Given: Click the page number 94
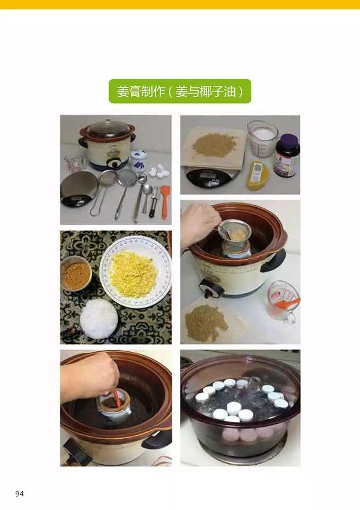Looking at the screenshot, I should point(19,494).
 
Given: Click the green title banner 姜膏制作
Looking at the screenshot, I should point(180,91).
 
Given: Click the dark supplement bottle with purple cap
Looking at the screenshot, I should point(286,155).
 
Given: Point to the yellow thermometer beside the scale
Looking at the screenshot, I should point(256,175).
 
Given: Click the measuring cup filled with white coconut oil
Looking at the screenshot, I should point(262,138).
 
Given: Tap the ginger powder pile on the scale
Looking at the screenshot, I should point(214,145).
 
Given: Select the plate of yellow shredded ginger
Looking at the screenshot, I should point(134,273).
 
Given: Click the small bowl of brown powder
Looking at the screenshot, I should point(76,274).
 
